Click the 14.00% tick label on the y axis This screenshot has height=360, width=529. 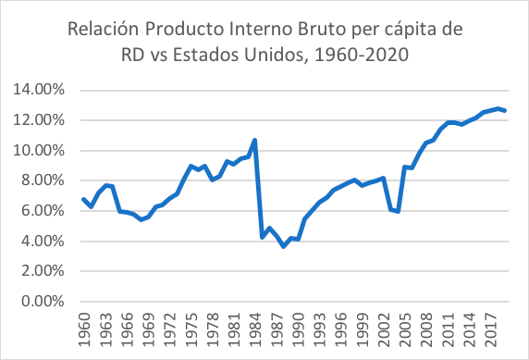coord(38,90)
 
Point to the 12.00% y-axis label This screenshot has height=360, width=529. coord(38,120)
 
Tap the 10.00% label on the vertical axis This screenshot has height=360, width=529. coord(38,151)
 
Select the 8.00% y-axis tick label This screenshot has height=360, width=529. coord(41,180)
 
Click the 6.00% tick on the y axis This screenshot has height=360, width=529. coord(41,211)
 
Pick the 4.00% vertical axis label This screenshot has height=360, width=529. coord(41,242)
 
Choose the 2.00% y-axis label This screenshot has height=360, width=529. coord(41,271)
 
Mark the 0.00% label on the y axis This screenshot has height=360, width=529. coord(41,302)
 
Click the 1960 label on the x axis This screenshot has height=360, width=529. coord(84,329)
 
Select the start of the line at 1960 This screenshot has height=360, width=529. coord(84,199)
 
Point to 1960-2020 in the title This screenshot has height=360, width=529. coord(361,56)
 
